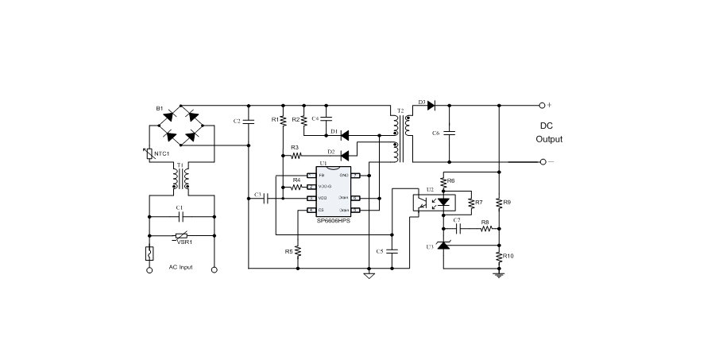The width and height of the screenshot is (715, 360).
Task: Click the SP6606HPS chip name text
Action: click(333, 220)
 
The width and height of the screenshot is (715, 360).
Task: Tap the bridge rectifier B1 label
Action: click(160, 108)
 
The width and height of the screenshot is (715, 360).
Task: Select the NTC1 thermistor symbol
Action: click(149, 153)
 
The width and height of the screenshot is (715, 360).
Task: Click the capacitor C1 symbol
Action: click(181, 215)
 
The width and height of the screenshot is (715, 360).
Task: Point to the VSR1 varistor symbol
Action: click(181, 235)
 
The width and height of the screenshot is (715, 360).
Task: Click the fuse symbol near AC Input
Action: click(149, 254)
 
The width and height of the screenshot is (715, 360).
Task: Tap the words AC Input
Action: click(180, 267)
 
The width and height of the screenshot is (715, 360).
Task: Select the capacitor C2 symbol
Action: click(249, 121)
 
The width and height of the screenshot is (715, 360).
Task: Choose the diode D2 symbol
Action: click(345, 155)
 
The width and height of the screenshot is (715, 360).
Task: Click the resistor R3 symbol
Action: click(296, 155)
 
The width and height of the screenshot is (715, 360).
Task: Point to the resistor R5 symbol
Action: click(297, 250)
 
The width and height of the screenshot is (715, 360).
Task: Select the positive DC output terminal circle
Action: click(543, 104)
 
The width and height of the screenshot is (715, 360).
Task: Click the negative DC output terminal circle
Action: click(543, 161)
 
